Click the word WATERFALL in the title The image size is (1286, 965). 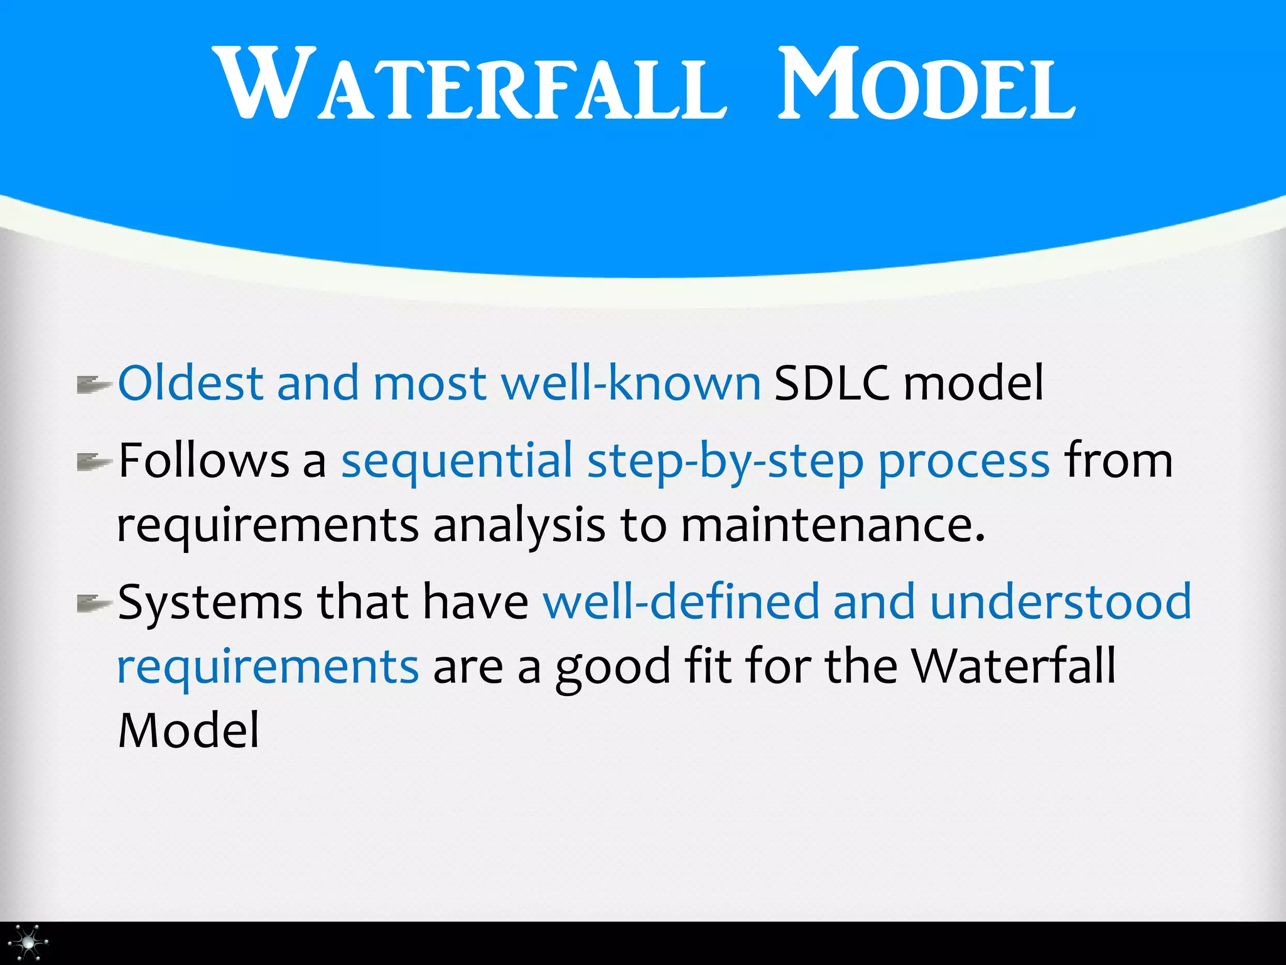click(x=471, y=85)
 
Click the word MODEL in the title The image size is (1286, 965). click(x=926, y=85)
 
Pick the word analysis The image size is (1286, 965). click(x=519, y=526)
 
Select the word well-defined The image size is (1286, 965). click(x=681, y=602)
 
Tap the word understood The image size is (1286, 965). click(x=1061, y=602)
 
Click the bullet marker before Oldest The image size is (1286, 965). click(x=93, y=384)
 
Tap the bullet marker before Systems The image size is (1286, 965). click(x=93, y=604)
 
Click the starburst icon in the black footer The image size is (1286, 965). click(x=28, y=942)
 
